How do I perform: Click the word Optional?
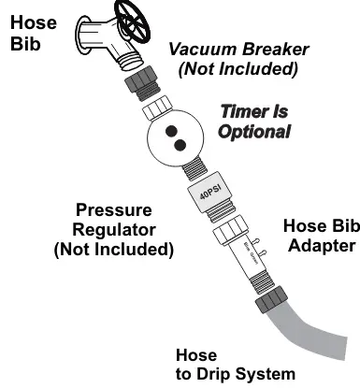pos(253,132)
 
